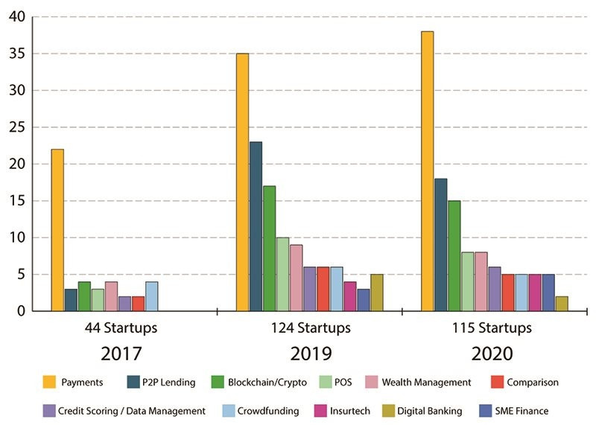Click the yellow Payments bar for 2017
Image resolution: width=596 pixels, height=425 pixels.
57,230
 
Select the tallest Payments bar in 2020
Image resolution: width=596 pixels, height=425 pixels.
427,171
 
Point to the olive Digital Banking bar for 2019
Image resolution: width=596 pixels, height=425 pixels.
376,293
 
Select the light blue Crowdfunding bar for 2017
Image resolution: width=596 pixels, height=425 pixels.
151,295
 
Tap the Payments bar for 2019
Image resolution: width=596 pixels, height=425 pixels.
242,182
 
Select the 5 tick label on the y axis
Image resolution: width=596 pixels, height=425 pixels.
20,275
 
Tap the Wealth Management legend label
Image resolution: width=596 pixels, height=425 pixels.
426,383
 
